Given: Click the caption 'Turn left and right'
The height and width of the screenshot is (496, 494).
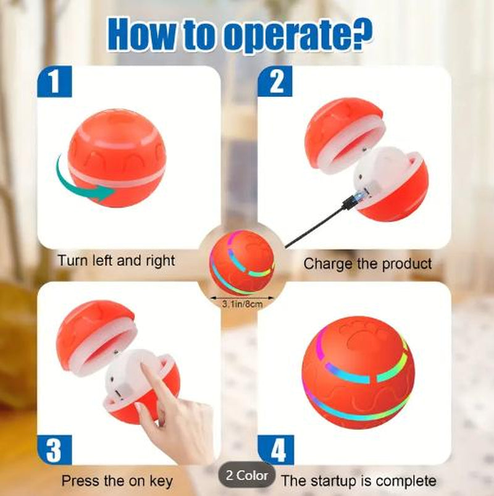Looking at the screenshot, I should [116, 260].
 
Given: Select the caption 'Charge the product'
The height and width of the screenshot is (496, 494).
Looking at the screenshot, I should [367, 264].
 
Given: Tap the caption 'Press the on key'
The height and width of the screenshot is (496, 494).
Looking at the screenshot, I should [117, 481].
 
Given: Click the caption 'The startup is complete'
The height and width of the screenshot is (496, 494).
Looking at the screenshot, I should [358, 481].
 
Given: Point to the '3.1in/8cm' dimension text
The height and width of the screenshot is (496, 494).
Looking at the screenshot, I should [241, 304].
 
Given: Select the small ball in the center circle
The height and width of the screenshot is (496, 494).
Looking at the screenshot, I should [241, 263].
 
